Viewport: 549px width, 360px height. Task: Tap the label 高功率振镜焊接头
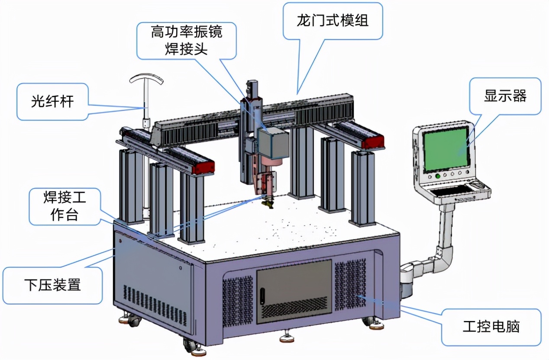pos(187,40)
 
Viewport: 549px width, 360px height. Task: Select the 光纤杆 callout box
pos(52,102)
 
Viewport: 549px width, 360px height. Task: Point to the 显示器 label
pos(505,96)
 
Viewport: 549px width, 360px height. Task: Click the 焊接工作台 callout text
pos(65,206)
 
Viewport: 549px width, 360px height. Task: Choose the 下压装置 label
pos(52,285)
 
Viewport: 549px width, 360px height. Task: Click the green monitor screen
pos(446,150)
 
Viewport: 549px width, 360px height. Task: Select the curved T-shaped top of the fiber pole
pos(147,79)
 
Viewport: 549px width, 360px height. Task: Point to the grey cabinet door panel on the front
pos(294,291)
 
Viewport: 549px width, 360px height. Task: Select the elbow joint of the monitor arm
pos(445,253)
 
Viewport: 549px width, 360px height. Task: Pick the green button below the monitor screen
pos(438,176)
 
